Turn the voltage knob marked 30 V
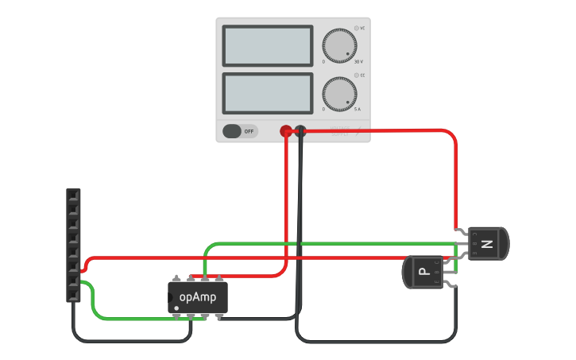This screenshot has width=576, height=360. (339, 45)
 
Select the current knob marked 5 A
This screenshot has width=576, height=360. (339, 93)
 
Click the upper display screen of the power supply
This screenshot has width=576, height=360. (269, 46)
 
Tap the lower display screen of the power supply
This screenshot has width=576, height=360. (269, 93)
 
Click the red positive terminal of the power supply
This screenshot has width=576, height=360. (286, 131)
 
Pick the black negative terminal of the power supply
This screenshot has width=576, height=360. (300, 131)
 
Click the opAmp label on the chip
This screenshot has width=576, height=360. (198, 297)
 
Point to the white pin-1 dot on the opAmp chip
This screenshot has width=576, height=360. (176, 308)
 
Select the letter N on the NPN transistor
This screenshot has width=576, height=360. (488, 244)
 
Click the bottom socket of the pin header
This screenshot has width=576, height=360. (73, 295)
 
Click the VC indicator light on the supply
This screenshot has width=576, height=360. (357, 28)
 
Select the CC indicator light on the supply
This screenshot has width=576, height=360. (357, 75)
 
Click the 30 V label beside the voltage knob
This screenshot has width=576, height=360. (358, 61)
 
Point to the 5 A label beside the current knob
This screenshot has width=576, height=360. (357, 109)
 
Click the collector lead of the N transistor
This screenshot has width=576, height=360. (462, 232)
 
